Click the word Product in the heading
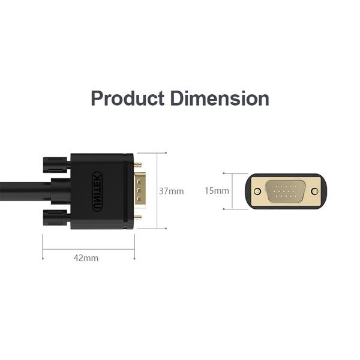127,98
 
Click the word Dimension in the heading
220,98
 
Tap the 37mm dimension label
171,191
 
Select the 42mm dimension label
86,258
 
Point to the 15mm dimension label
217,191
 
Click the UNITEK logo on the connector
97,191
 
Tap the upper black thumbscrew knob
55,165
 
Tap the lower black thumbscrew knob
55,217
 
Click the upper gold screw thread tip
138,164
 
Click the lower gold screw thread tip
138,217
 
